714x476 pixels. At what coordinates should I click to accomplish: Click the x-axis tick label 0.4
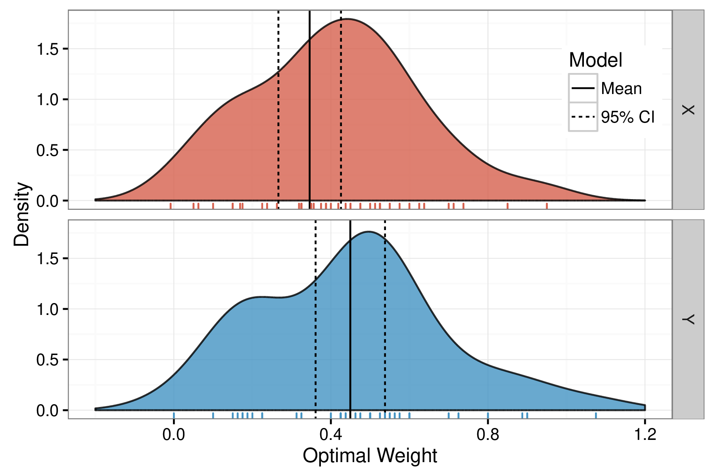pos(330,435)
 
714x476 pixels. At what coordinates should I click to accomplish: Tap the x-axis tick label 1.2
pos(645,435)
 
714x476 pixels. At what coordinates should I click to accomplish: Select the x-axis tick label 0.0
pos(173,435)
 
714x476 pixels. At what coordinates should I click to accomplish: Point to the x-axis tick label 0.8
pos(488,435)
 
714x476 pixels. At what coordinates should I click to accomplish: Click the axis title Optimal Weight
pos(370,456)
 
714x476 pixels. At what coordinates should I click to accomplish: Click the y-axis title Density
pos(21,215)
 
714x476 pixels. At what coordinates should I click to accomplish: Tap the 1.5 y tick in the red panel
pos(47,49)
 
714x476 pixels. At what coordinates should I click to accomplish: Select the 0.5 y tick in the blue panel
pos(47,360)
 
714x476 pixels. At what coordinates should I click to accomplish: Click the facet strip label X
pos(688,110)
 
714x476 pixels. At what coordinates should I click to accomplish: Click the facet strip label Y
pos(688,319)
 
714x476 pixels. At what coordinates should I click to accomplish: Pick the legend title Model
pos(595,60)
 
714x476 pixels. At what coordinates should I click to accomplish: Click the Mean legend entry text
pos(621,88)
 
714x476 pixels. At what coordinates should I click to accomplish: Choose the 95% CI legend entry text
pos(628,117)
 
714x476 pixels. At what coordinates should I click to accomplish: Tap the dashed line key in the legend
pos(583,117)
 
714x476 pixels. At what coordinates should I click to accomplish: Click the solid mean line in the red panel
pos(309,119)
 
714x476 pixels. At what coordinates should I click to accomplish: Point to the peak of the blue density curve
pos(369,232)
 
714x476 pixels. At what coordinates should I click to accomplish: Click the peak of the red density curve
pos(347,19)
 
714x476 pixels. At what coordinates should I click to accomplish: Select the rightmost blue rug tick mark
pos(596,415)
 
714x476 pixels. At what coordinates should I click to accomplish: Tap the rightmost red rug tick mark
pos(547,205)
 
